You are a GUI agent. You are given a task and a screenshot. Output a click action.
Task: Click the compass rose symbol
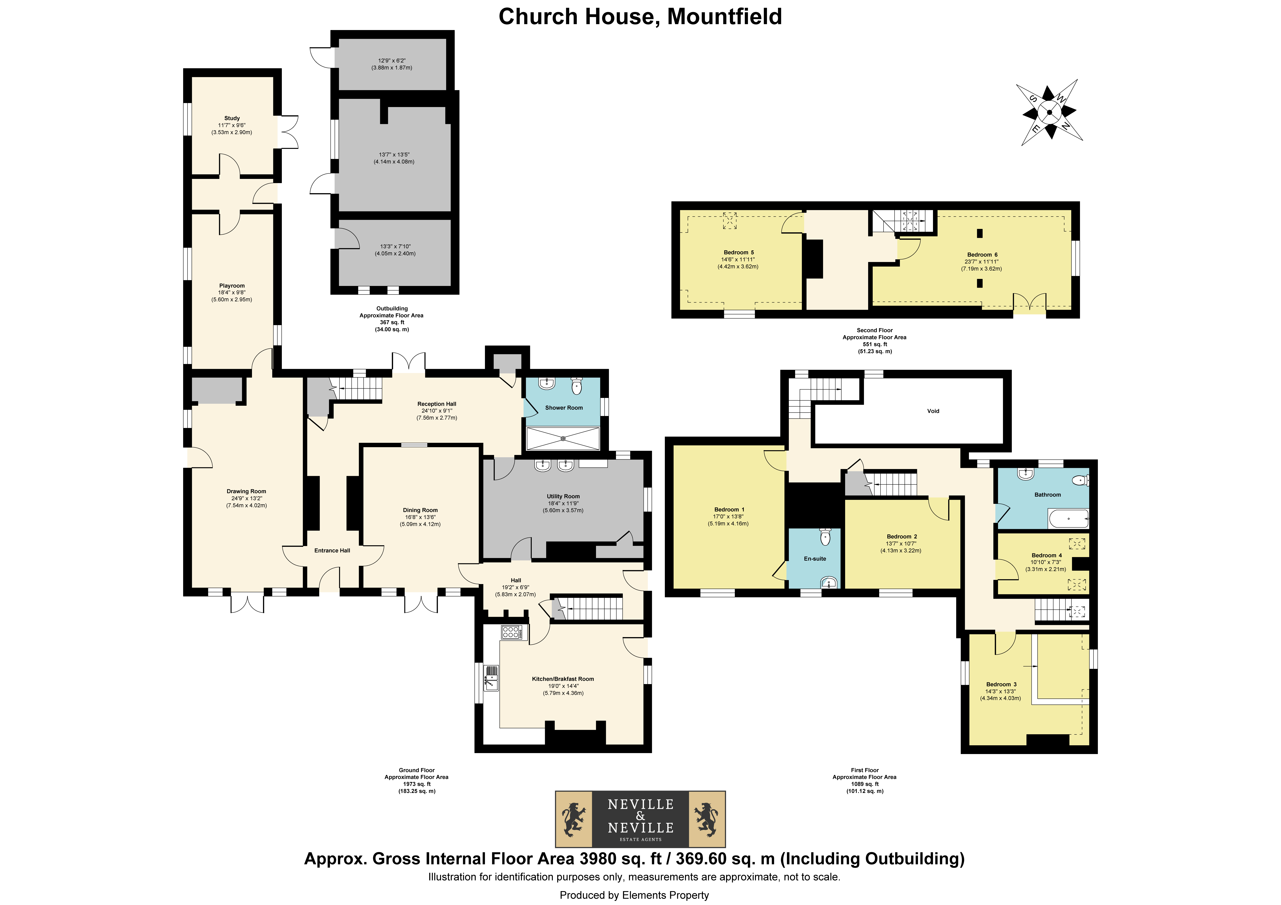(x=1049, y=112)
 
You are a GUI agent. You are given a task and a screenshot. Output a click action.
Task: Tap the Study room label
(x=232, y=118)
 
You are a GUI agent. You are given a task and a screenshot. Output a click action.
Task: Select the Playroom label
(x=232, y=286)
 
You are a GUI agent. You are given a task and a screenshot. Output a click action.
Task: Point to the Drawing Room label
(x=247, y=491)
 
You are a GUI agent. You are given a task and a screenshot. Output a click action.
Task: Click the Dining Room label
(x=420, y=510)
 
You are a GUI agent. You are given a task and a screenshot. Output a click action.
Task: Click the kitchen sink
(x=491, y=678)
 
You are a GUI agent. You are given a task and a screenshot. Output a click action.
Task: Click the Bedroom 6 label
(x=982, y=254)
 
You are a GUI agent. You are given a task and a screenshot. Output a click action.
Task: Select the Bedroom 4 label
(x=1047, y=555)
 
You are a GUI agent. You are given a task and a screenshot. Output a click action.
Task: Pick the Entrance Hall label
(x=333, y=551)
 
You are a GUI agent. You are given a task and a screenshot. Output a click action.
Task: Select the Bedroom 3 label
(x=1001, y=684)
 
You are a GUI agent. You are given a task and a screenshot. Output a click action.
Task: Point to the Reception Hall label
(x=437, y=404)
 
